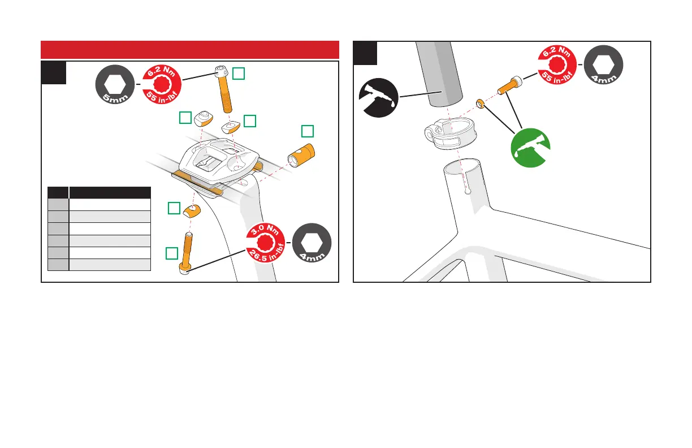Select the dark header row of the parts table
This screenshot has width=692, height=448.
(100, 192)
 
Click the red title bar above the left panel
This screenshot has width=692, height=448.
(190, 50)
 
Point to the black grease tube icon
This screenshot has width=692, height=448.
(380, 97)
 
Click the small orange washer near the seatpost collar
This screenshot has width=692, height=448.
(479, 103)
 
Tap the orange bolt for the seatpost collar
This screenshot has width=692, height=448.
(509, 86)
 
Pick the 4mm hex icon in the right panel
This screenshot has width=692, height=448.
(603, 64)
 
